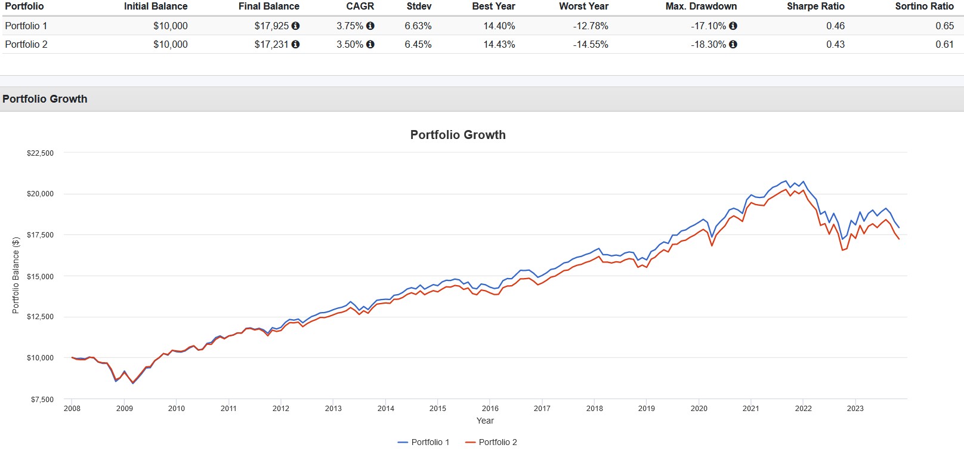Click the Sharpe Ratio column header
815,6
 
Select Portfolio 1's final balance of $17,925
271,26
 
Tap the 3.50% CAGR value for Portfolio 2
350,45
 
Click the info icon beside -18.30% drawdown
733,44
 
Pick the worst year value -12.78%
591,26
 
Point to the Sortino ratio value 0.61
944,45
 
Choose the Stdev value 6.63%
418,26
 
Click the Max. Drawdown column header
701,6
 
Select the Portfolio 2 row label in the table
26,45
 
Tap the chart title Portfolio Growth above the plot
458,135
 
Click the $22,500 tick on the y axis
40,153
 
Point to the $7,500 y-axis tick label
42,399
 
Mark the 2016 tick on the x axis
490,409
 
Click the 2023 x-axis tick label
855,409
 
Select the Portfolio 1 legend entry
424,442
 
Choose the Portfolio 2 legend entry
491,442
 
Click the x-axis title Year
485,421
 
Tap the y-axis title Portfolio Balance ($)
16,275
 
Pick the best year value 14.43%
499,45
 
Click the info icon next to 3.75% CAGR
370,26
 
